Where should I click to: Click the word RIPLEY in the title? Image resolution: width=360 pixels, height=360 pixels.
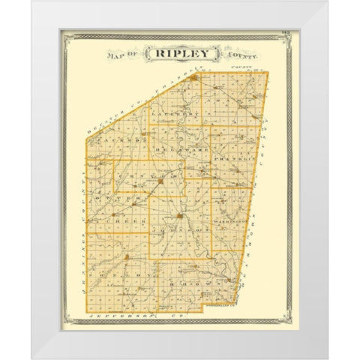pos(182,55)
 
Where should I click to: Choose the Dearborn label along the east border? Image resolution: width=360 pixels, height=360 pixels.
pos(253,247)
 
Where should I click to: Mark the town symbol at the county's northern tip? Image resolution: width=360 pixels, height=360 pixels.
pos(193,76)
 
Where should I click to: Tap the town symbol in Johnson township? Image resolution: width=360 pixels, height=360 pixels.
pos(180,218)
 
